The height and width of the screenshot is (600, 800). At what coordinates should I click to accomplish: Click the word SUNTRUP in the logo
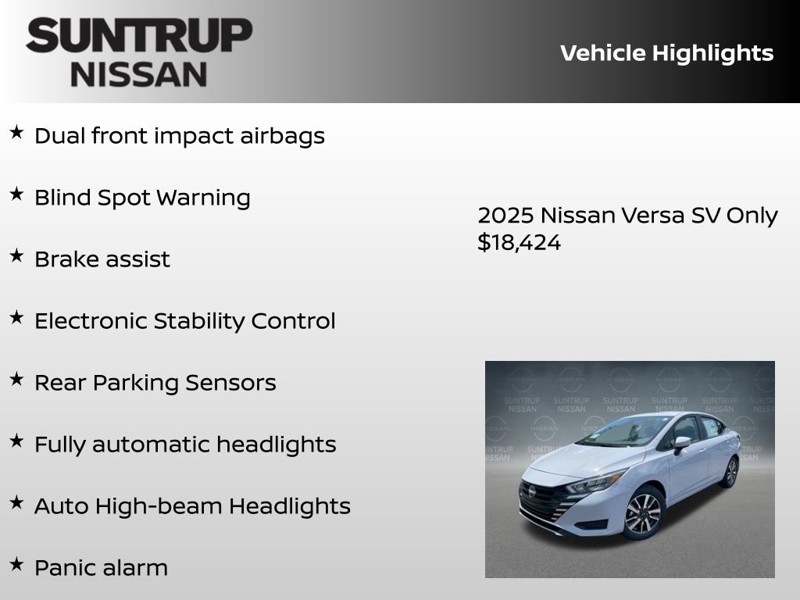(x=139, y=36)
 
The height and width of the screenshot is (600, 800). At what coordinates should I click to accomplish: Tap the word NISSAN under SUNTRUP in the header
(x=139, y=74)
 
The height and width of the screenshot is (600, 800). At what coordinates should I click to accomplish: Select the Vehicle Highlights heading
(x=666, y=53)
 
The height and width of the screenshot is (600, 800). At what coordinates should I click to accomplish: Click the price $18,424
(x=519, y=242)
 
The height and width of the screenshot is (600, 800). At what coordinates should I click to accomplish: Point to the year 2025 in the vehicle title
(x=505, y=215)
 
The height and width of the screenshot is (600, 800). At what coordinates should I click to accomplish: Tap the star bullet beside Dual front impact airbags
(x=16, y=133)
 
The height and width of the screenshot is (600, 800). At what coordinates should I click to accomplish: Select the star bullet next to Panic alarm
(x=16, y=565)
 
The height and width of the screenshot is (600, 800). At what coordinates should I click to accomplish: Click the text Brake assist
(x=102, y=259)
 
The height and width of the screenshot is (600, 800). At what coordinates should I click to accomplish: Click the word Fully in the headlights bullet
(x=60, y=445)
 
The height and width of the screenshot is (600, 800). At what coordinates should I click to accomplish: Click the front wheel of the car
(x=643, y=514)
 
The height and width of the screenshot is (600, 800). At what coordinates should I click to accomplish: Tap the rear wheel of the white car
(x=731, y=472)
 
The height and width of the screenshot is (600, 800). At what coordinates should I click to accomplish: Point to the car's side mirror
(x=682, y=443)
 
